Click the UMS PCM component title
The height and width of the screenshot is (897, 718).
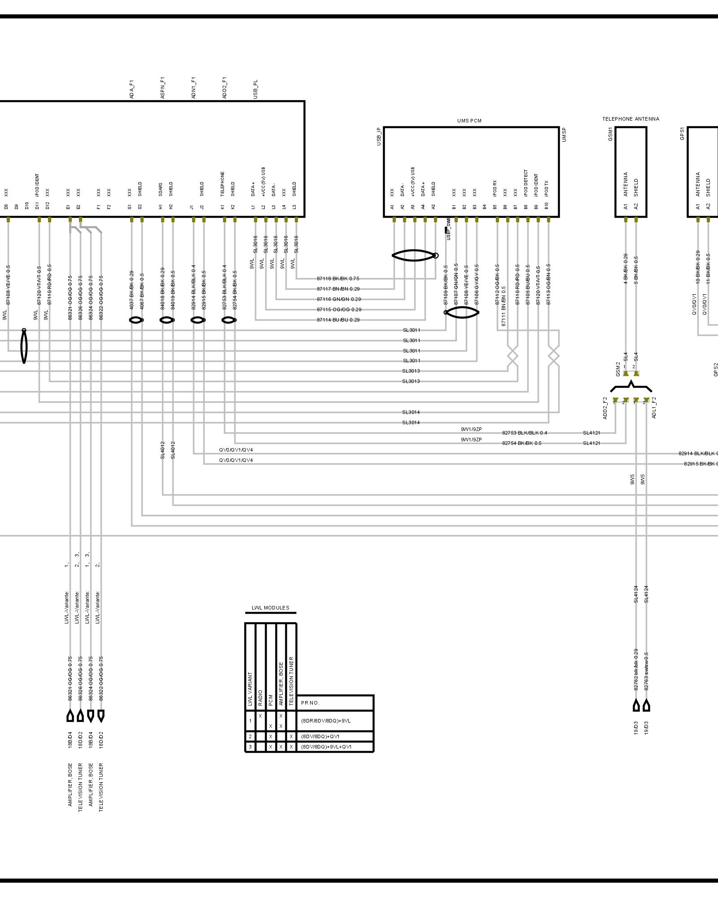coord(469,121)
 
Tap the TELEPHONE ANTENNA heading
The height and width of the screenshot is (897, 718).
coord(630,119)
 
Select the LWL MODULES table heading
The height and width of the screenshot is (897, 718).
coord(270,608)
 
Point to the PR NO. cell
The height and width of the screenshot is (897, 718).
coord(310,703)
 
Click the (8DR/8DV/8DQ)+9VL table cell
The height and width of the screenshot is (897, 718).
coord(326,721)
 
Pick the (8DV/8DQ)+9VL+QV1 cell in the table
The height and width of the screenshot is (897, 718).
coord(326,747)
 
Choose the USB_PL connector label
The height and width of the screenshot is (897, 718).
coord(255,90)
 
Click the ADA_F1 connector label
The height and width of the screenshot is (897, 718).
coord(131,90)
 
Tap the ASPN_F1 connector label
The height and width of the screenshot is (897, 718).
coord(162,88)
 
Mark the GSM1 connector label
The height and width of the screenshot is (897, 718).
coord(610,134)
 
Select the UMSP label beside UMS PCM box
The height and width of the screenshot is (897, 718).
coord(564,135)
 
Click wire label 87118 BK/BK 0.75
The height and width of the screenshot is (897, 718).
coord(338,279)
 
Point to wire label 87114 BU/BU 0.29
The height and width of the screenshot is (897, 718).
coord(338,320)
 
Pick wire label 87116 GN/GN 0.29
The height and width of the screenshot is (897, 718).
coord(338,299)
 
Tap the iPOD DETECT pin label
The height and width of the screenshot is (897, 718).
coord(526,183)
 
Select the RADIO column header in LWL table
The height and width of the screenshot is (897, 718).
coord(260,698)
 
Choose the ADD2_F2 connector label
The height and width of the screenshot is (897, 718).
coord(605,408)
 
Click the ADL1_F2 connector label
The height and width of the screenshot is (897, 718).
coord(653,408)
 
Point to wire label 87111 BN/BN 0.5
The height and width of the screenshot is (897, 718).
coord(503,306)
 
